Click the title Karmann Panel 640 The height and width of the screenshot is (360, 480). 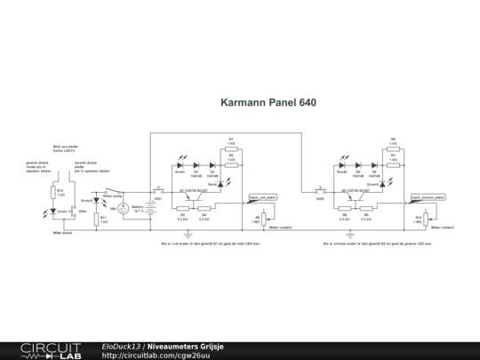click(268, 102)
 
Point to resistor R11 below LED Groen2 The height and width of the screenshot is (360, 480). click(97, 218)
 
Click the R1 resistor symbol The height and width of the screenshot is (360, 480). click(231, 147)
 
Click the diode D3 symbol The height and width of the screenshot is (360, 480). click(196, 164)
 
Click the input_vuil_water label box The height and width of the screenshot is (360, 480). click(263, 197)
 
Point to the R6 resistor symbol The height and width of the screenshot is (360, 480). click(394, 147)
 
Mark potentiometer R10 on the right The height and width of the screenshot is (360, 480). click(426, 218)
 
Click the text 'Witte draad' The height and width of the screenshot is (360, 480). click(62, 232)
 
